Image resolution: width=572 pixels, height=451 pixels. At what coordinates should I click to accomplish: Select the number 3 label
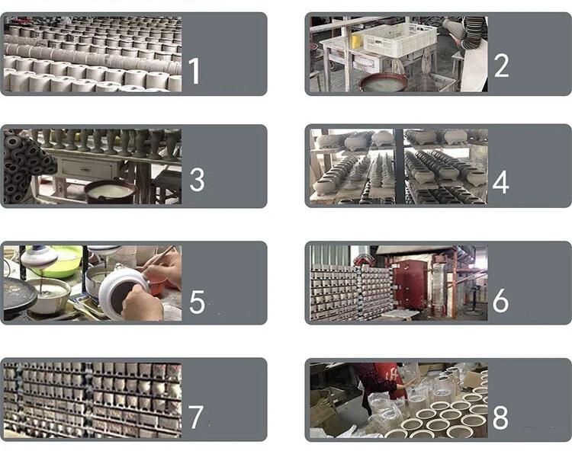(x=197, y=179)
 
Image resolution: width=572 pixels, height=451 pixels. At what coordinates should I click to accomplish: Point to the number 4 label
(x=500, y=182)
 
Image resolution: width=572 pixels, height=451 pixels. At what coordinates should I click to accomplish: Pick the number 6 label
(x=500, y=300)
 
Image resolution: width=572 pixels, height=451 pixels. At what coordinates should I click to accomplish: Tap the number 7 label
(x=196, y=417)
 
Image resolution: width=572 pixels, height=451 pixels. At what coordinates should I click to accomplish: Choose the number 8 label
(x=500, y=417)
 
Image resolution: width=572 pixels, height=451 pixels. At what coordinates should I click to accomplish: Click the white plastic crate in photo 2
(x=400, y=40)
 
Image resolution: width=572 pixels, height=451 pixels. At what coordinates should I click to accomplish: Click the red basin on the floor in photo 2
(x=383, y=82)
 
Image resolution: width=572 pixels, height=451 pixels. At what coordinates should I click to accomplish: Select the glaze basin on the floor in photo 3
(x=110, y=192)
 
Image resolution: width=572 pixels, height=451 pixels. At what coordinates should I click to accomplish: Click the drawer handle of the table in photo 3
(x=85, y=169)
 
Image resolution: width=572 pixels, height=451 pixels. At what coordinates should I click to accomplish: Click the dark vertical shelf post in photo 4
(x=398, y=166)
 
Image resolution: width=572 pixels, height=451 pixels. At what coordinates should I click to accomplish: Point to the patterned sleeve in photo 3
(x=26, y=166)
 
